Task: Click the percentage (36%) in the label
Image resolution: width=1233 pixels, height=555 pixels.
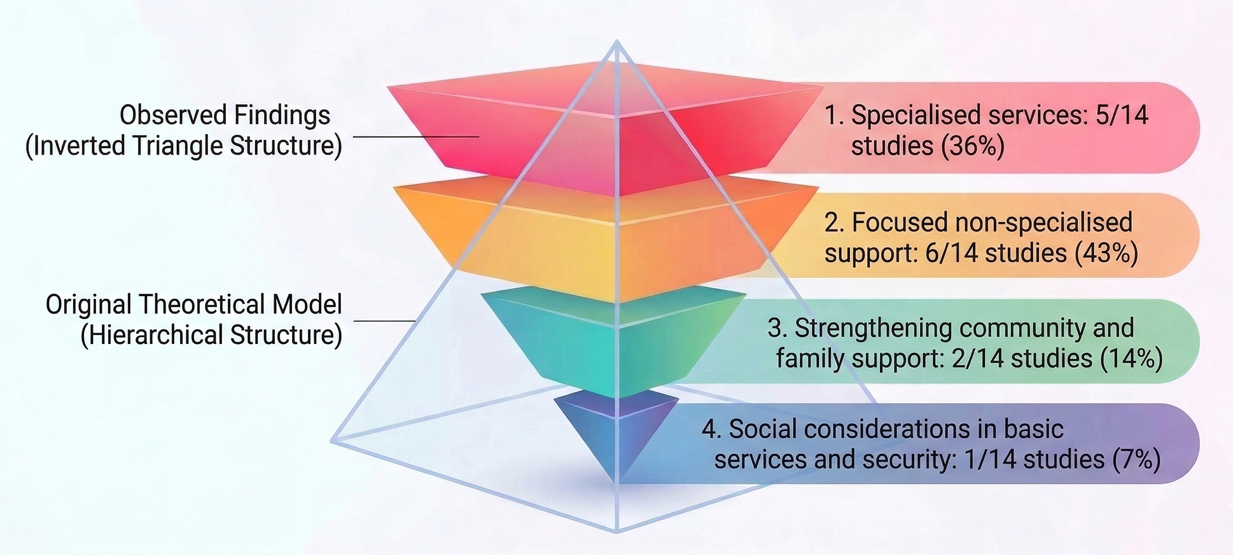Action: [x=972, y=146]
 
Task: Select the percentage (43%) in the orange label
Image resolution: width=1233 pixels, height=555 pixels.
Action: [x=1106, y=253]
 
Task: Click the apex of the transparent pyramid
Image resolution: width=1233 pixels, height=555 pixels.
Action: [x=616, y=41]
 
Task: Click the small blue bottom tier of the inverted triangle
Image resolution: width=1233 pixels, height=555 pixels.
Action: [x=616, y=432]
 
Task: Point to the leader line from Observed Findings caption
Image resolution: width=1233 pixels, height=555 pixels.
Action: [x=415, y=136]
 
